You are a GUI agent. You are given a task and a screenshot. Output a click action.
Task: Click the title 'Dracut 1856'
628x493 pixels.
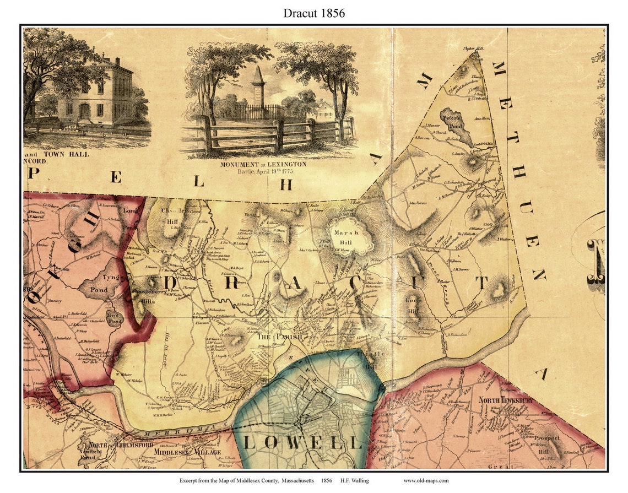314,13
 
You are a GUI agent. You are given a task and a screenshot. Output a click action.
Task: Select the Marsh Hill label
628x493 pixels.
346,236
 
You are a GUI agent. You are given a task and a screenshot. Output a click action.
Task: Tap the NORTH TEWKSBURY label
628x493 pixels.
505,400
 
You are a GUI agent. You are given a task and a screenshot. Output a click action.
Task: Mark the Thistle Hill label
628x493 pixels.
366,360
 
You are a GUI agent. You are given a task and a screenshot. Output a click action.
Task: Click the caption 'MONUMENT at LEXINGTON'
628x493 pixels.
263,164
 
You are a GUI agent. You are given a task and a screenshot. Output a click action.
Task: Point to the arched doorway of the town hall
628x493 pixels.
84,111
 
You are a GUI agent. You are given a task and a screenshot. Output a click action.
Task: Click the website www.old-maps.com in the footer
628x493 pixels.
426,480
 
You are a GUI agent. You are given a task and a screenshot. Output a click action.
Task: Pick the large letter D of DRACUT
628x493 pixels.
171,283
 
